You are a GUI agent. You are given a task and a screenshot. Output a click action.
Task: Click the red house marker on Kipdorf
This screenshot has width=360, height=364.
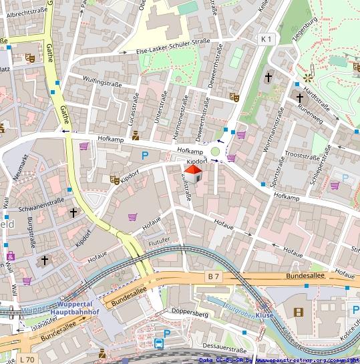click(x=192, y=174)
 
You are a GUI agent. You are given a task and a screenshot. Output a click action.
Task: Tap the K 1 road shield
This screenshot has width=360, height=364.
click(x=266, y=39)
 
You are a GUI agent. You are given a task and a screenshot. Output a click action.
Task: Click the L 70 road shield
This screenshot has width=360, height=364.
click(x=27, y=359)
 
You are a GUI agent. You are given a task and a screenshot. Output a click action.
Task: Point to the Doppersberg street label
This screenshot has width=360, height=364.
click(x=189, y=314)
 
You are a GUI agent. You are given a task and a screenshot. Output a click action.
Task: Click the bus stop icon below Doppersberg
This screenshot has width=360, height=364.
click(x=160, y=343)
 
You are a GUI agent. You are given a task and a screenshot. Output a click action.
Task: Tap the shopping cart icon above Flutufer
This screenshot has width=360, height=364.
click(x=132, y=217)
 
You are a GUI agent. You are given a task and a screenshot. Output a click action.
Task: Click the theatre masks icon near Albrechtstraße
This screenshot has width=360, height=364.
click(x=30, y=57)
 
